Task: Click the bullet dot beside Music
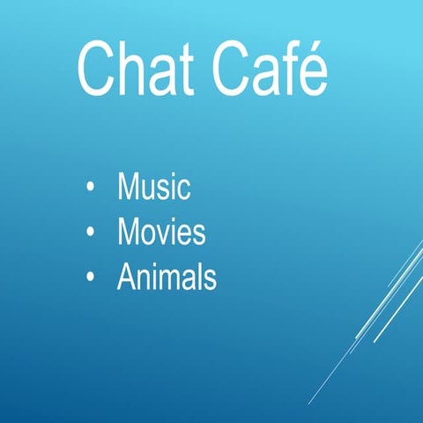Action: point(91,188)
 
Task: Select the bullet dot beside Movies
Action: point(91,234)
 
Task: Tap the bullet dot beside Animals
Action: point(91,279)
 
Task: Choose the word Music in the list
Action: point(154,187)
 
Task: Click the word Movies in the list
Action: point(161,233)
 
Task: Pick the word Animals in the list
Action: point(167,278)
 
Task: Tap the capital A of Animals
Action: point(126,278)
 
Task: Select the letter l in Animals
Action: point(199,278)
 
